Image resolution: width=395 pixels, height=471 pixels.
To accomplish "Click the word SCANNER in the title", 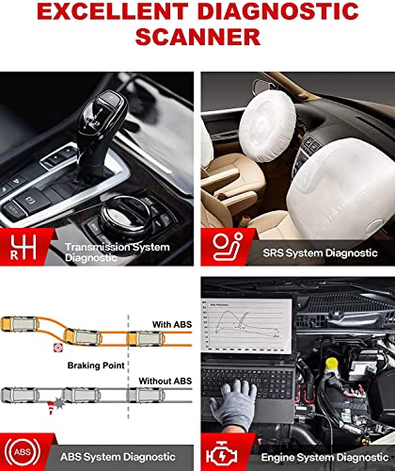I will (197, 36).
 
